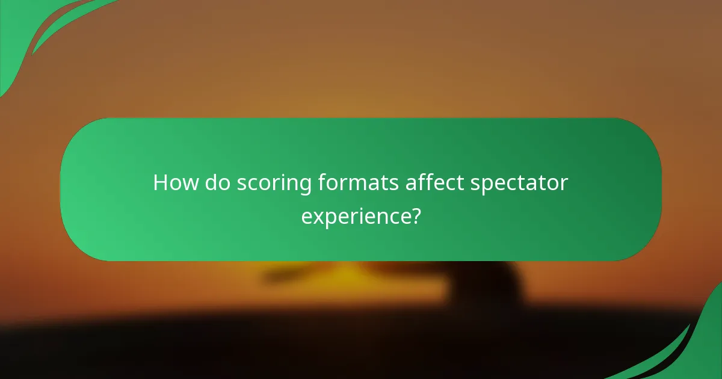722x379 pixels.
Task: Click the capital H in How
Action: point(161,183)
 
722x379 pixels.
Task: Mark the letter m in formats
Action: point(363,183)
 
